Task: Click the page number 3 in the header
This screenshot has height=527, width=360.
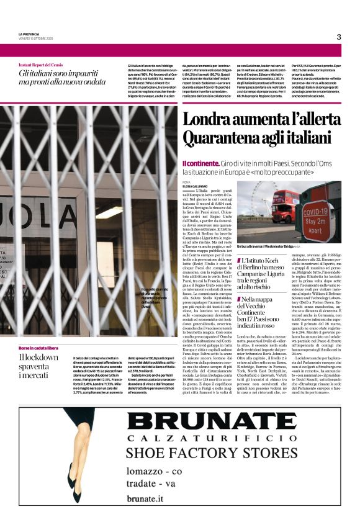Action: tap(339, 37)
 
